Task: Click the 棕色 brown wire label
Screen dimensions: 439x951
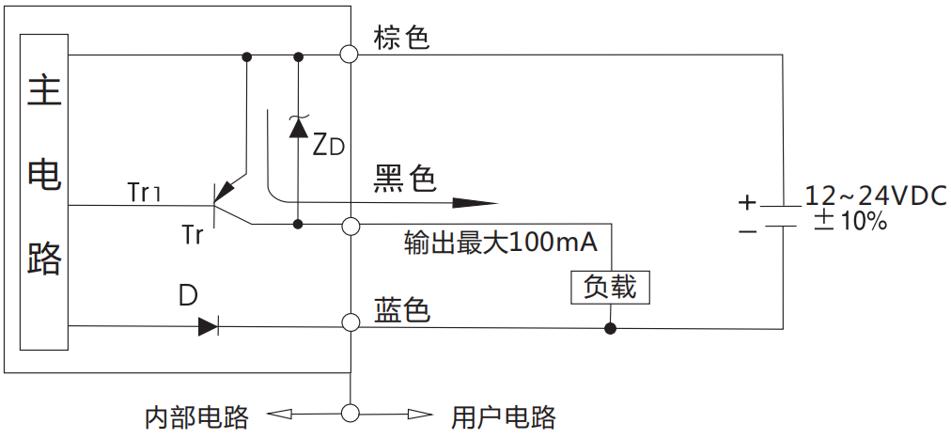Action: [401, 38]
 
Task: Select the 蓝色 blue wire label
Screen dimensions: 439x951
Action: [402, 310]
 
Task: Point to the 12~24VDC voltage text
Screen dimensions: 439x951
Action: [874, 196]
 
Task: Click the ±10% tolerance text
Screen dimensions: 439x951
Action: [850, 223]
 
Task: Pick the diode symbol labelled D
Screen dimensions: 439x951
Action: [208, 327]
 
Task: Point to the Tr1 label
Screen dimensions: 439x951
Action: [145, 193]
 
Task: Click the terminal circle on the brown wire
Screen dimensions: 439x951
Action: [351, 55]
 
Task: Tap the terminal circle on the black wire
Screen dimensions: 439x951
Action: [351, 226]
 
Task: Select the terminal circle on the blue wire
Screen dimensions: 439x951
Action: [351, 324]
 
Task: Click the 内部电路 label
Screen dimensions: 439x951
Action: [196, 417]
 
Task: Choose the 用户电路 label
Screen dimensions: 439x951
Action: [503, 417]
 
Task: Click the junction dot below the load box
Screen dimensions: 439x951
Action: [610, 329]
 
